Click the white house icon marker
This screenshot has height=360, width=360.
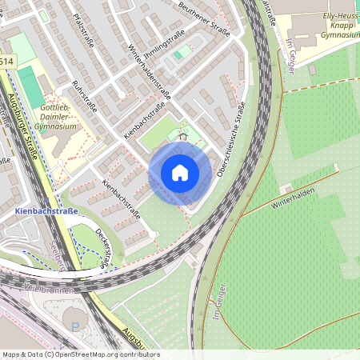[180, 172]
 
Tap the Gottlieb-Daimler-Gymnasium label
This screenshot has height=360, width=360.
[57, 117]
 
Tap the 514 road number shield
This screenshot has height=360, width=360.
[6, 62]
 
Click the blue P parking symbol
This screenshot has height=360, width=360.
[76, 326]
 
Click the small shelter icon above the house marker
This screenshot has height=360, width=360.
[182, 136]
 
